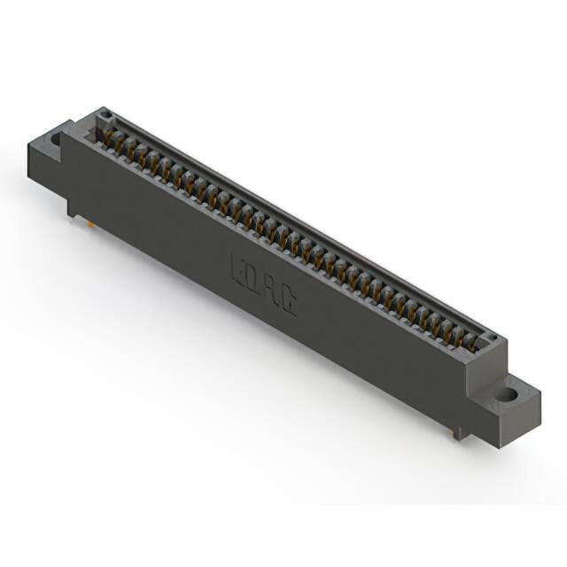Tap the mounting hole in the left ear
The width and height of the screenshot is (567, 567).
click(55, 139)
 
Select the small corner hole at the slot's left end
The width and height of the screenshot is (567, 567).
click(105, 115)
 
